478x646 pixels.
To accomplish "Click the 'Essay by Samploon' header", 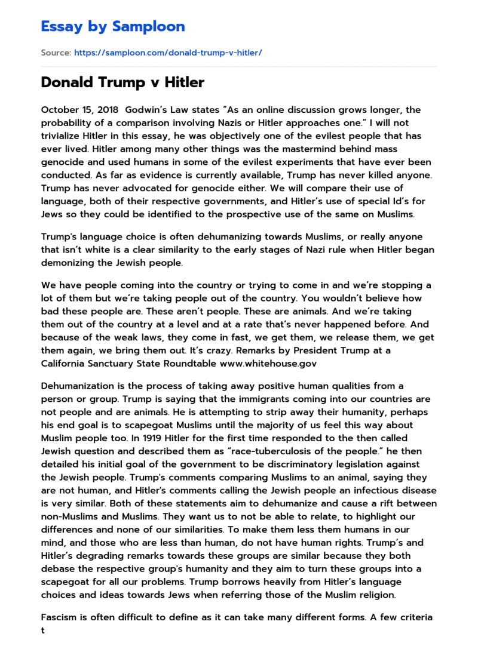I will [113, 26].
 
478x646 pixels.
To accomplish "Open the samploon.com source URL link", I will [168, 53].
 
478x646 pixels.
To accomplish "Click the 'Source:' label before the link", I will [56, 53].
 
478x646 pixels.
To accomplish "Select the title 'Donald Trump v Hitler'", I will [122, 82].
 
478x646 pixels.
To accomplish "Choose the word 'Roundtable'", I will [190, 363].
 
